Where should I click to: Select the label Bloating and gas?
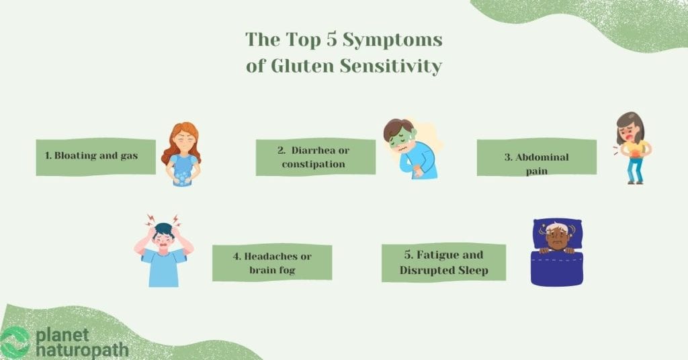(91, 156)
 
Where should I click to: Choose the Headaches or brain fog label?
(272, 262)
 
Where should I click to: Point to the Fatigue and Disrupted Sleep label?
(443, 263)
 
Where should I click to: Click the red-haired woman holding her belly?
(181, 154)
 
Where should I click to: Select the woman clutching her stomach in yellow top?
(632, 147)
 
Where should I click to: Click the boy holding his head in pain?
(163, 251)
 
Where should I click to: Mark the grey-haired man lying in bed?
(557, 238)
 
